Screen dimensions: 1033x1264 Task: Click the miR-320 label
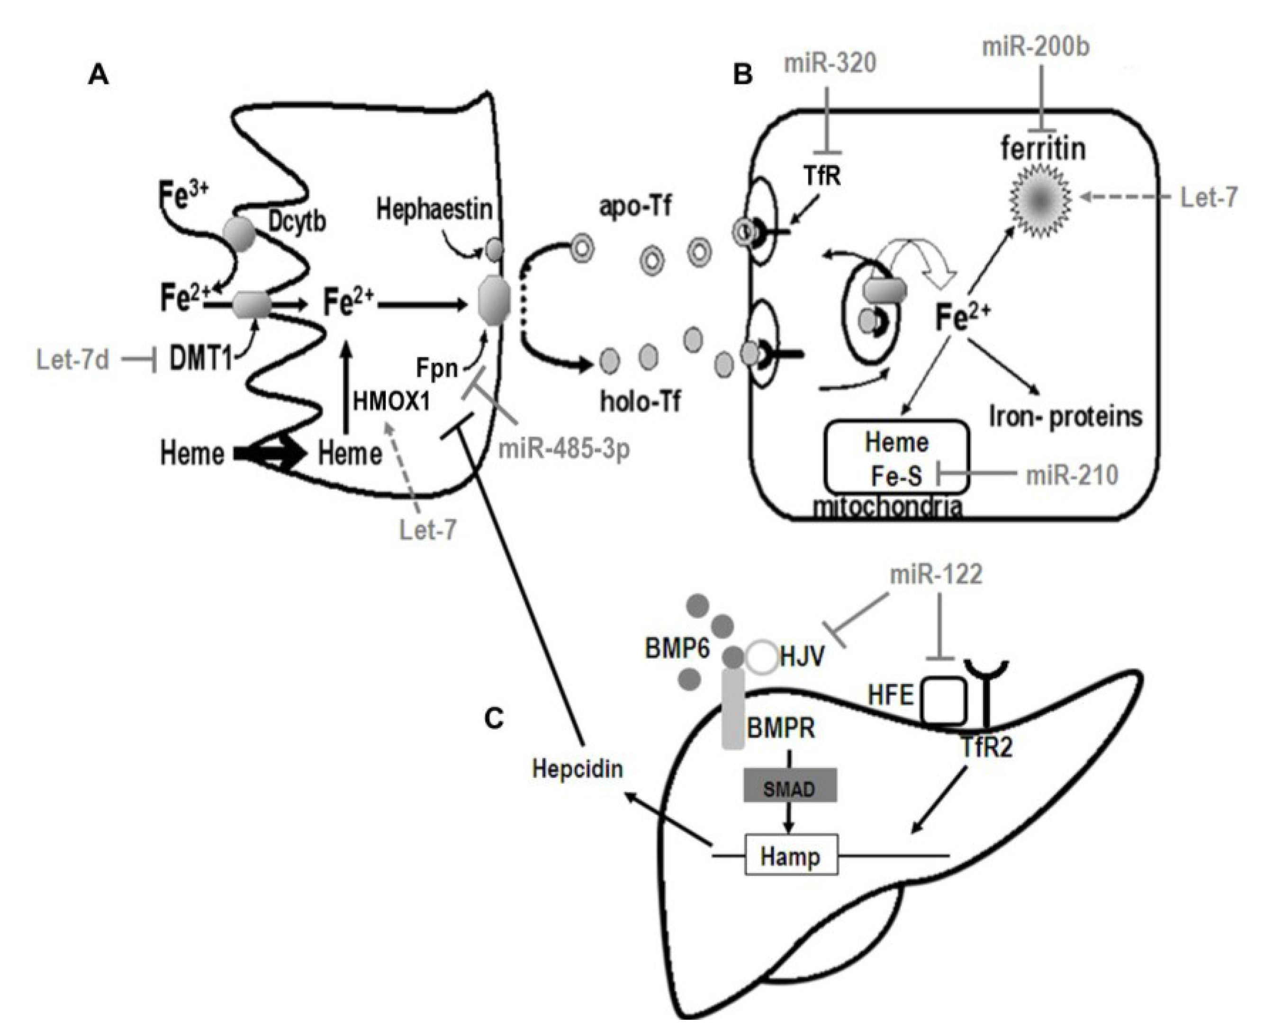[830, 63]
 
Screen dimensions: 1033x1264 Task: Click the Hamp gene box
[791, 857]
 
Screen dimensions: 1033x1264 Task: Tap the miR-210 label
[1072, 475]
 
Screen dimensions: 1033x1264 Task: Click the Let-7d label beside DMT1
[72, 360]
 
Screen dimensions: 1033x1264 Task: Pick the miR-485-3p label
[563, 449]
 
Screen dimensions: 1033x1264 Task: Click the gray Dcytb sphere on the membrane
[239, 234]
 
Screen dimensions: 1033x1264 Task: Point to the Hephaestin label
[434, 209]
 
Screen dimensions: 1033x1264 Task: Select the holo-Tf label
[640, 402]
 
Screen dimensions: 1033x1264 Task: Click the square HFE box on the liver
[944, 700]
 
